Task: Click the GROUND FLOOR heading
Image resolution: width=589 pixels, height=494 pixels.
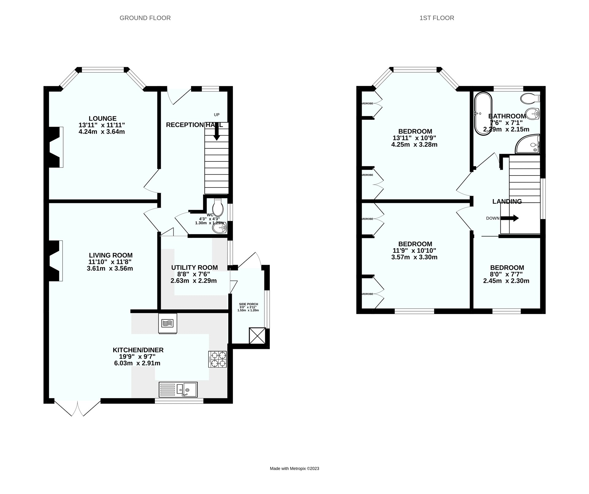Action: pyautogui.click(x=145, y=18)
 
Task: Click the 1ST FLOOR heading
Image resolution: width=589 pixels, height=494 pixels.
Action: pyautogui.click(x=437, y=18)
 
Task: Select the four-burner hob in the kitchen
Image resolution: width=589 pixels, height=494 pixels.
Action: pyautogui.click(x=218, y=359)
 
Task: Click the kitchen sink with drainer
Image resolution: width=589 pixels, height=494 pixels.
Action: pyautogui.click(x=178, y=389)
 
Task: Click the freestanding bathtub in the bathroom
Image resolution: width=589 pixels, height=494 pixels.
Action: pyautogui.click(x=483, y=113)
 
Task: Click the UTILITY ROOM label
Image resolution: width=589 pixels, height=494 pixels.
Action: pyautogui.click(x=194, y=268)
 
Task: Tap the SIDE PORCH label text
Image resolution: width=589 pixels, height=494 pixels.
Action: pyautogui.click(x=248, y=304)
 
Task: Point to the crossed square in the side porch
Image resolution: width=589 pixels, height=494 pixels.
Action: pyautogui.click(x=257, y=336)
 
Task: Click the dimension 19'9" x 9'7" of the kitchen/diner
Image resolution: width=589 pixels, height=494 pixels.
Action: pyautogui.click(x=137, y=357)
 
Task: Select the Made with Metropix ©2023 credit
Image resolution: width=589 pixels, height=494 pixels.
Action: pyautogui.click(x=294, y=469)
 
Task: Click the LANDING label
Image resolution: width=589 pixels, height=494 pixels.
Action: pyautogui.click(x=507, y=202)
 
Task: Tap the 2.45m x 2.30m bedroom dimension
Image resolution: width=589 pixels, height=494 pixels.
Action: pyautogui.click(x=506, y=281)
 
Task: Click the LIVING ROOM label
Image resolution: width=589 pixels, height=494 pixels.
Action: pyautogui.click(x=111, y=255)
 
